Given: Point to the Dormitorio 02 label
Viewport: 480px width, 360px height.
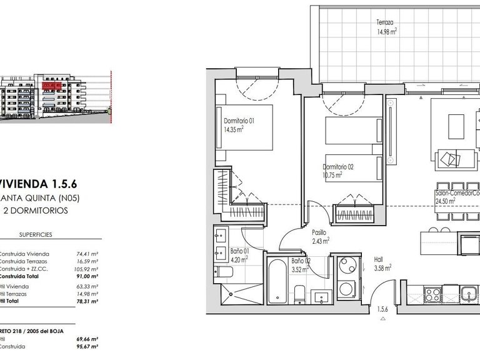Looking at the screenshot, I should click(x=338, y=167).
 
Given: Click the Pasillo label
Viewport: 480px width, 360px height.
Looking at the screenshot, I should click(x=319, y=231).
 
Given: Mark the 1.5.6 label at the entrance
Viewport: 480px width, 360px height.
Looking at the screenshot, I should click(x=382, y=309).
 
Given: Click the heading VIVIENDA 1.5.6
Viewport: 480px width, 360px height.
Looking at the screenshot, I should click(x=37, y=184).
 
